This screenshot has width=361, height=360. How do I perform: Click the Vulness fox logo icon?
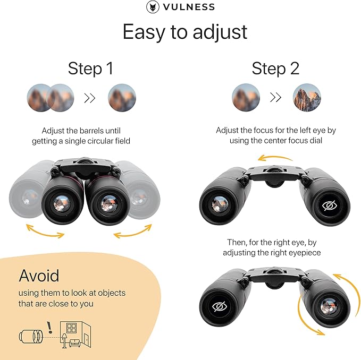pos(153,7)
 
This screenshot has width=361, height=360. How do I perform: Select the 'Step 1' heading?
pos(90,68)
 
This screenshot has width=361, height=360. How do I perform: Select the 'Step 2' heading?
pos(275,68)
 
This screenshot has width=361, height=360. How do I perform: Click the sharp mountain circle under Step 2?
pos(307,98)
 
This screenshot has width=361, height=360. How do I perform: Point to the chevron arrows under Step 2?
pos(275,98)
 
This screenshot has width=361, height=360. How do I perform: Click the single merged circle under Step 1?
pos(122,98)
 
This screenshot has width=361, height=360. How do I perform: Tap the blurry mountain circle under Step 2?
pos(246,98)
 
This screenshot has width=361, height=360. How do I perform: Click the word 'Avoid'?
pos(39,276)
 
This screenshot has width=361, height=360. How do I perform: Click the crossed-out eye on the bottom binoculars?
pos(219,306)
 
